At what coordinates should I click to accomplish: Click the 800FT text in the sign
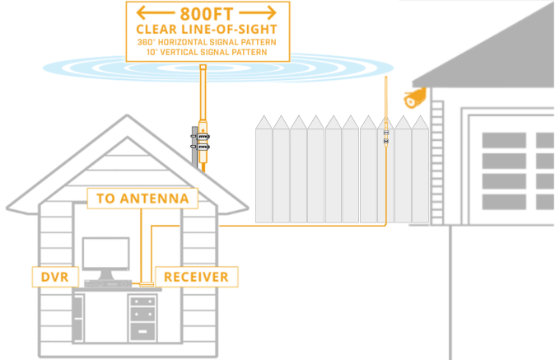click(x=208, y=13)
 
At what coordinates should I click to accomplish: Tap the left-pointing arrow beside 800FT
click(x=157, y=13)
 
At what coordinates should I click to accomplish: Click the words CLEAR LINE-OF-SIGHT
click(x=207, y=30)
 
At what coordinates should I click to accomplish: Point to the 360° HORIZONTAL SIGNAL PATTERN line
click(x=207, y=42)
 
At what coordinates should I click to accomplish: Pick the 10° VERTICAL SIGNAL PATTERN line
click(x=207, y=52)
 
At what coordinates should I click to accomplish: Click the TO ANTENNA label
click(x=142, y=198)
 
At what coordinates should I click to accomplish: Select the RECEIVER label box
click(x=196, y=278)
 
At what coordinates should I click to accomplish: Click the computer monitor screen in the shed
click(x=105, y=254)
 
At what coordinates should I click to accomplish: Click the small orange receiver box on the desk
click(x=147, y=285)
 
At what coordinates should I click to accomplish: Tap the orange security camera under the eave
click(x=415, y=99)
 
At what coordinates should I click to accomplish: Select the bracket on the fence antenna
click(x=385, y=136)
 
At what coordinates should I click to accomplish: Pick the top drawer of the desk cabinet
click(x=142, y=302)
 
